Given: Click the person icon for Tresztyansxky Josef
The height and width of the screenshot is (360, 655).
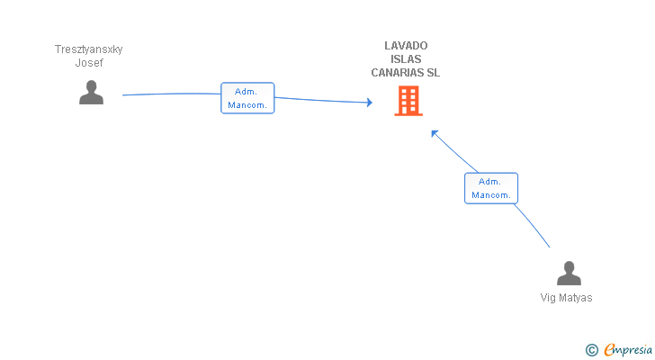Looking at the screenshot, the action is (91, 93).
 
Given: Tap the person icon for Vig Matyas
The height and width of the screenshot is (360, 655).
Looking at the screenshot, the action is (569, 273).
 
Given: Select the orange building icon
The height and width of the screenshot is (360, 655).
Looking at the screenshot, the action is (408, 101).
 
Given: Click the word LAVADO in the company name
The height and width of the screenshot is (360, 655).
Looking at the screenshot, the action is (406, 46).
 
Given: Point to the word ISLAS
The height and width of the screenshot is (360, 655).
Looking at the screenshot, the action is (406, 58).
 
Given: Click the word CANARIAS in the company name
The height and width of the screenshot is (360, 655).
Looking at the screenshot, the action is (397, 73).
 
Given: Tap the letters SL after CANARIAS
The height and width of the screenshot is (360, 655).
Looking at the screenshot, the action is (433, 73).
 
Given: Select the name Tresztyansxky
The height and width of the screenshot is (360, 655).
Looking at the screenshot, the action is (88, 49).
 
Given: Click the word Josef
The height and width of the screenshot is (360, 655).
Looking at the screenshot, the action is (89, 63).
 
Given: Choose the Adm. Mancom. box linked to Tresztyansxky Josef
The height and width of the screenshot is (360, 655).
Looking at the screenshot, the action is (247, 98).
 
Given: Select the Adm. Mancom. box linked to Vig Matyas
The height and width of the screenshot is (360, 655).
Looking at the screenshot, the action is (491, 188).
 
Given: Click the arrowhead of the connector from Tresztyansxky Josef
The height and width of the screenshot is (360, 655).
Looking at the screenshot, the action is (369, 103).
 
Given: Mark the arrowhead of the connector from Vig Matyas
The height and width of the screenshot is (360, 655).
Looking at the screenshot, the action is (435, 133).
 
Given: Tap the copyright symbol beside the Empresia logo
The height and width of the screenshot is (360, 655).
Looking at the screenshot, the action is (591, 350).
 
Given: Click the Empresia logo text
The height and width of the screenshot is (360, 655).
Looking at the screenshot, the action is (628, 350).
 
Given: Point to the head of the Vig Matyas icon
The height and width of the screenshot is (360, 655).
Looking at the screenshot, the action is (569, 267).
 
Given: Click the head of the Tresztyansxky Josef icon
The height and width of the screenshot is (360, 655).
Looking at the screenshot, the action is (91, 86).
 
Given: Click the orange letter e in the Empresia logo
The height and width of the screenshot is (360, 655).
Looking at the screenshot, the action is (609, 349).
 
